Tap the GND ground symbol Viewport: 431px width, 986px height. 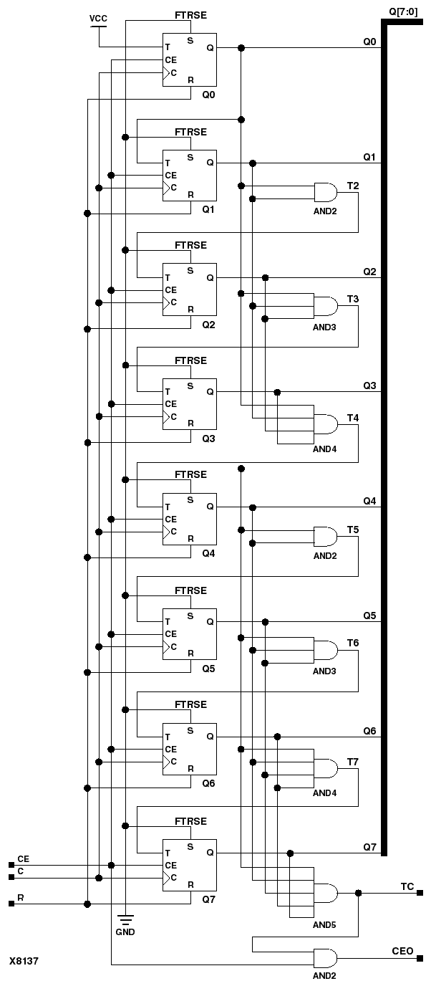click(125, 924)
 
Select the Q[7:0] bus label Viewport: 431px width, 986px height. click(404, 11)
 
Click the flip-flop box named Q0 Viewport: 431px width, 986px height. click(189, 59)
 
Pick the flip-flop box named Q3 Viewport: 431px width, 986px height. click(189, 403)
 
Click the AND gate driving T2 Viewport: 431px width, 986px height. click(326, 192)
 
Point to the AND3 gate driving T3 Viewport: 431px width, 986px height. click(326, 307)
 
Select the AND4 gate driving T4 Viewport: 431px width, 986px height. click(326, 423)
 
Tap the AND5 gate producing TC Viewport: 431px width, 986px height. click(326, 893)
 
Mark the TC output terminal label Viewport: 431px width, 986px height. click(407, 886)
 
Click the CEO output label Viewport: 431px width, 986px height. click(402, 951)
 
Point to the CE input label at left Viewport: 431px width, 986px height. click(24, 858)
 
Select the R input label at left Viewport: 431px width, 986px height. click(21, 897)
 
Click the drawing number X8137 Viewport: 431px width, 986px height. click(24, 959)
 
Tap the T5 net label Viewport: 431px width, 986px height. click(353, 529)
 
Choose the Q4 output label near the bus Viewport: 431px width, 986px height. click(369, 501)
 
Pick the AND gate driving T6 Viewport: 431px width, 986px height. click(326, 650)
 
